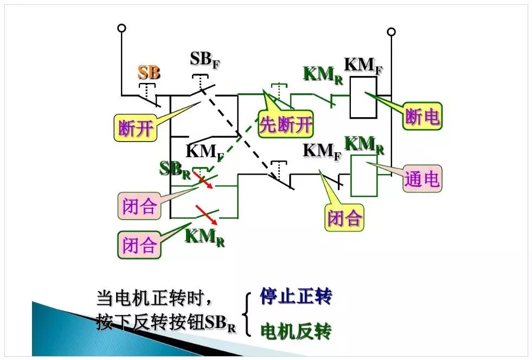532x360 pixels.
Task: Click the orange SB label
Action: point(149,72)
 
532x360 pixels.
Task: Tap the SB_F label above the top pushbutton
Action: point(205,60)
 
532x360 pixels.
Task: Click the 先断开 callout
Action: point(286,125)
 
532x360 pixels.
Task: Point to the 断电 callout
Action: point(422,116)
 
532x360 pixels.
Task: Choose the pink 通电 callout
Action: point(422,178)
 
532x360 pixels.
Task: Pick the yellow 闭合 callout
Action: point(344,217)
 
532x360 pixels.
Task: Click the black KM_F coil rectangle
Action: point(363,97)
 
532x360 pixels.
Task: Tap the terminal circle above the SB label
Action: point(121,28)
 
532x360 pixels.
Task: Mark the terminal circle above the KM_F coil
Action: point(390,33)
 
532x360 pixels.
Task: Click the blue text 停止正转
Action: point(296,297)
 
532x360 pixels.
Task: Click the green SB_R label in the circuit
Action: point(175,169)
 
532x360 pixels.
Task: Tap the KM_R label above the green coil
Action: point(364,144)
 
